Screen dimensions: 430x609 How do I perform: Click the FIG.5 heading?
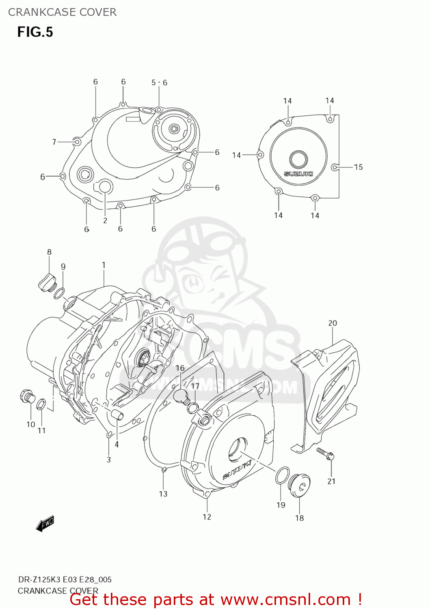tap(35, 32)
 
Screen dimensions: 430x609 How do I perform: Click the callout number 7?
tap(54, 142)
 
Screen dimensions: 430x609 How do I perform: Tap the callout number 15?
tap(358, 167)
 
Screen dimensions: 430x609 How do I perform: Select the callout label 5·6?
tap(159, 83)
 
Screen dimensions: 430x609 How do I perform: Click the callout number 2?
tap(105, 220)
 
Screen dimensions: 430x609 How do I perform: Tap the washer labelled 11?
tap(41, 404)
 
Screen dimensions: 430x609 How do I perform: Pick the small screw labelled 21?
tap(326, 453)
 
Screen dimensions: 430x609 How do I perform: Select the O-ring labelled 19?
tap(282, 475)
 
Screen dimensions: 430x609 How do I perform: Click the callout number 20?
tap(333, 323)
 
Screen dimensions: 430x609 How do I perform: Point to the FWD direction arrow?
tap(45, 524)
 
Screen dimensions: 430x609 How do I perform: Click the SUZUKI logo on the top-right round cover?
tap(298, 174)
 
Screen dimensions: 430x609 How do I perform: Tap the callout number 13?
tap(163, 494)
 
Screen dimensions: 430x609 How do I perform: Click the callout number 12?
tap(207, 516)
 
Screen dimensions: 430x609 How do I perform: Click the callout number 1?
tap(104, 265)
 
